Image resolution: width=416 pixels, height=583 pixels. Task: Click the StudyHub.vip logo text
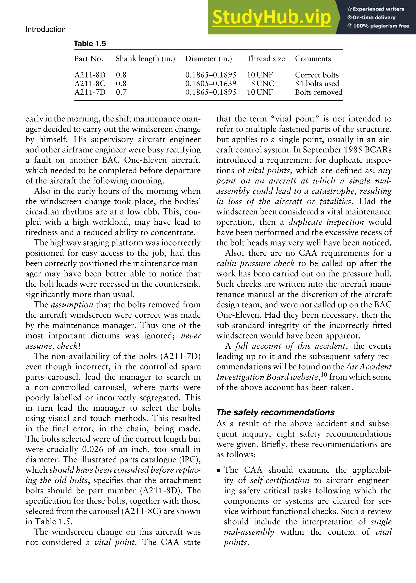(272, 17)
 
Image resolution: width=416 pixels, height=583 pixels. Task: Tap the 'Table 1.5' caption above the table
(90, 44)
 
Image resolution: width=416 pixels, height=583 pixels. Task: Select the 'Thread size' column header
(266, 59)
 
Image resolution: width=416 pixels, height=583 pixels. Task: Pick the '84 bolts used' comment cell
(317, 84)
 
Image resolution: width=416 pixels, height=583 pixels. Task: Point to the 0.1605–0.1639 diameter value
(211, 84)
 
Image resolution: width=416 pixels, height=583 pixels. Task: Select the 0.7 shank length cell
(121, 92)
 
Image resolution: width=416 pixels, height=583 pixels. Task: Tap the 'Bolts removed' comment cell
(318, 92)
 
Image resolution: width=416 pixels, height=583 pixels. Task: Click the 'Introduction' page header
(45, 29)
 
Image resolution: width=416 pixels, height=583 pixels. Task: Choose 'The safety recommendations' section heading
(275, 412)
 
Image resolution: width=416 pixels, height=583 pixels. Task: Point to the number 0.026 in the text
(93, 449)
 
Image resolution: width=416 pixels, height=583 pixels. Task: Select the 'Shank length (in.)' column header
(145, 59)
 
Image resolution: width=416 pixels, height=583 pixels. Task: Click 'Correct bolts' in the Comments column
(317, 75)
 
